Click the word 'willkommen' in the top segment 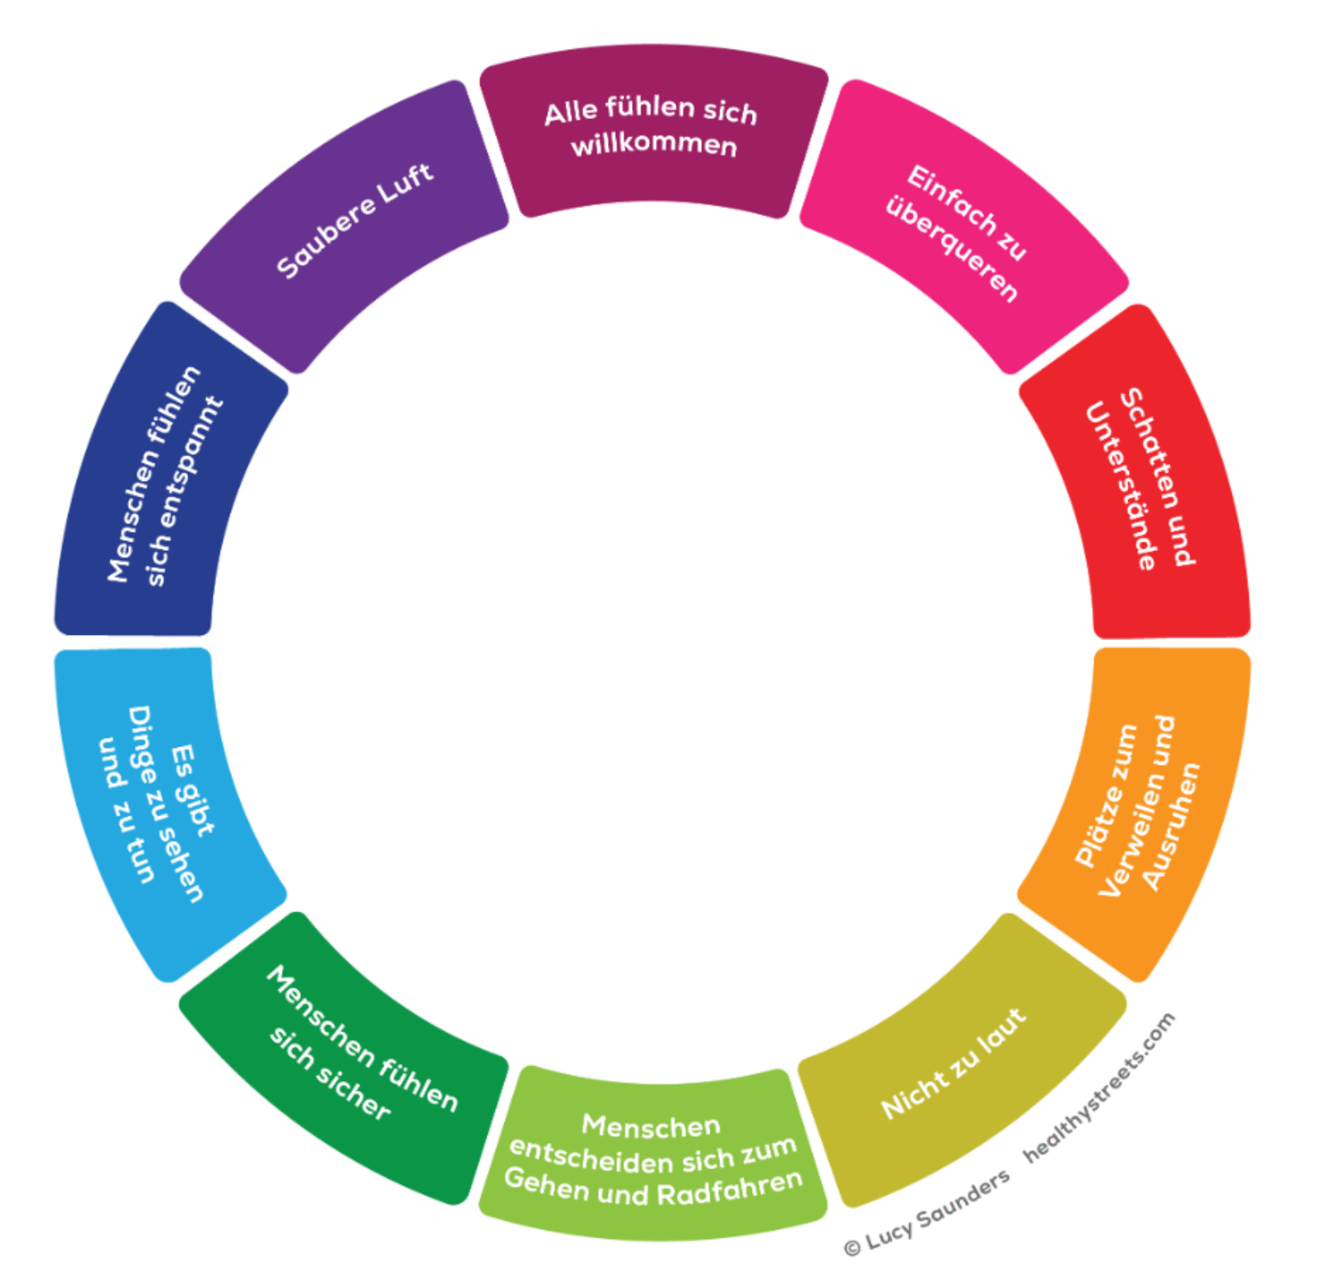click(654, 145)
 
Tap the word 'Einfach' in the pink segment click(952, 201)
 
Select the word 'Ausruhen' click(1171, 826)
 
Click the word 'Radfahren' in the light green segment click(730, 1188)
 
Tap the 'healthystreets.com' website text click(1099, 1087)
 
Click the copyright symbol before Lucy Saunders click(852, 1247)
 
